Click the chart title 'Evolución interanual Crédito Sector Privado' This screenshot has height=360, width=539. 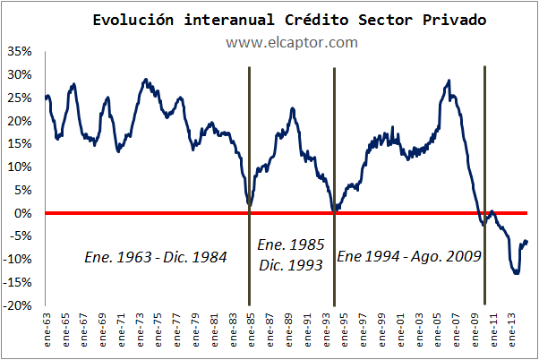[x=290, y=20]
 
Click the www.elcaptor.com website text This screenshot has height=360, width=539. [x=279, y=42]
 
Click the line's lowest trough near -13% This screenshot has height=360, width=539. [x=516, y=273]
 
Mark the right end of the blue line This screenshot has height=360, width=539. [x=527, y=242]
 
